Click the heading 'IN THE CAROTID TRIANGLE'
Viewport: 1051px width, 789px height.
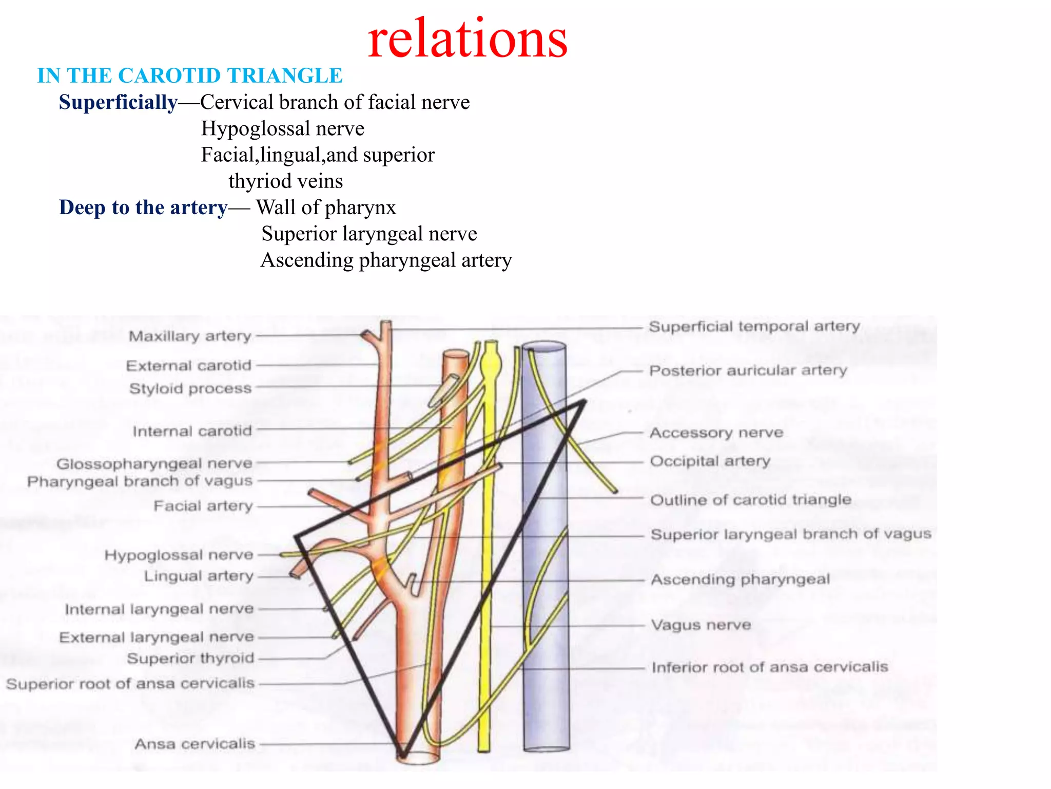coord(190,76)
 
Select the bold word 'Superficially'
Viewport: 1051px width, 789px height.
coord(118,102)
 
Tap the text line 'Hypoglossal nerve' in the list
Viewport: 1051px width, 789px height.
coord(282,128)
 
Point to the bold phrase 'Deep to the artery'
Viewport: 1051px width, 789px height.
coord(143,208)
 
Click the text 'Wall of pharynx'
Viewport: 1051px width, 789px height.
coord(326,208)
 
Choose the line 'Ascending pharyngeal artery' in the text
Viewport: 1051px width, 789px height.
coord(386,260)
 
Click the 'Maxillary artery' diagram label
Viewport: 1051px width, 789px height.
coord(190,336)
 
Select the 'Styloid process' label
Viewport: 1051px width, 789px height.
coord(190,388)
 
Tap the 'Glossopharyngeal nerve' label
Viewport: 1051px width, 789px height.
coord(154,463)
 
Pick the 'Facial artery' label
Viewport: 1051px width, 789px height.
coord(203,506)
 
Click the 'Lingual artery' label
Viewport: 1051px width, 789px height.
coord(199,576)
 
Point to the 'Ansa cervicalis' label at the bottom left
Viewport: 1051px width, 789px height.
coord(195,744)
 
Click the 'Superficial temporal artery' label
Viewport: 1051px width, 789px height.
coord(754,326)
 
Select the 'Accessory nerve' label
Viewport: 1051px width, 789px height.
coord(716,433)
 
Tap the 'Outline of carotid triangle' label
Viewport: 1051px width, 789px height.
coord(751,499)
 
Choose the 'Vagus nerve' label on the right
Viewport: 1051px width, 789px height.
coord(701,625)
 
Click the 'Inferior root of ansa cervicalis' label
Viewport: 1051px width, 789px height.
coord(770,667)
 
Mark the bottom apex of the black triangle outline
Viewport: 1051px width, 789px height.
coord(403,755)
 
